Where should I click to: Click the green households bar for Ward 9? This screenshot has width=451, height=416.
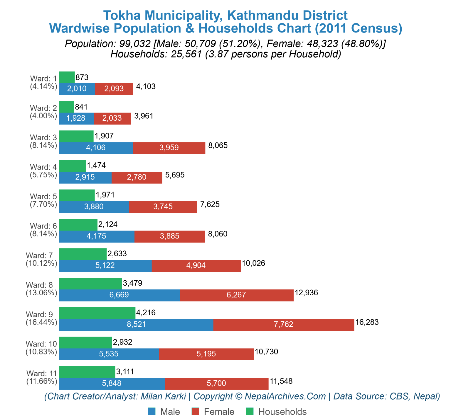tap(97, 313)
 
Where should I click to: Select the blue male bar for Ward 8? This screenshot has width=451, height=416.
tap(119, 295)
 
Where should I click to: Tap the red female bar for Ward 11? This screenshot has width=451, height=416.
tap(216, 383)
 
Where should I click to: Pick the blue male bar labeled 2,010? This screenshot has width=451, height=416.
tap(77, 89)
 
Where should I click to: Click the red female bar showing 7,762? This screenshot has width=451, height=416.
tap(283, 325)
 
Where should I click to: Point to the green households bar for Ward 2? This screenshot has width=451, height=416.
tap(66, 107)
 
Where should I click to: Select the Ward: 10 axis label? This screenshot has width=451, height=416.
tap(41, 344)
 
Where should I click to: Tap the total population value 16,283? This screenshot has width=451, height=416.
tap(367, 322)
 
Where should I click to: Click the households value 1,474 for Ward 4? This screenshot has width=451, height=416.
tap(96, 166)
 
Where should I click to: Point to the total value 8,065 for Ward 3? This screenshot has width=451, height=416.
tap(218, 146)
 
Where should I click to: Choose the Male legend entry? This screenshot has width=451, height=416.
tap(164, 412)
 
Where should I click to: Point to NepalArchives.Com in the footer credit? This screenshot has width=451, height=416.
tap(285, 396)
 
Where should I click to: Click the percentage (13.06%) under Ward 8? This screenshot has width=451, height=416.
tap(41, 293)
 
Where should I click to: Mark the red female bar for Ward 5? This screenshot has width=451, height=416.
tap(163, 207)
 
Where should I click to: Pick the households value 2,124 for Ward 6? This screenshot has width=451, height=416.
tap(108, 224)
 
